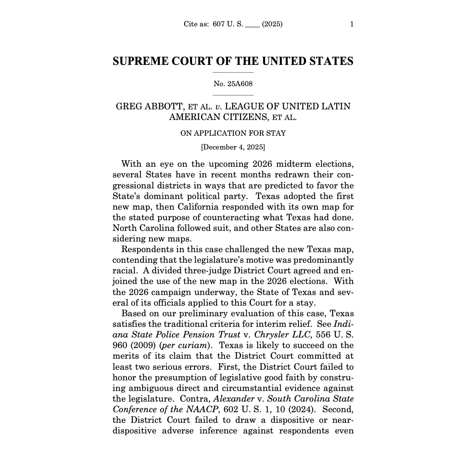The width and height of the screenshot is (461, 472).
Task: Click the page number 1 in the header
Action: pyautogui.click(x=351, y=24)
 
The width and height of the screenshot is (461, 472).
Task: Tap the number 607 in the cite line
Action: pyautogui.click(x=219, y=24)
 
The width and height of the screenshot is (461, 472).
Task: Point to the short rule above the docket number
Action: pyautogui.click(x=233, y=73)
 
